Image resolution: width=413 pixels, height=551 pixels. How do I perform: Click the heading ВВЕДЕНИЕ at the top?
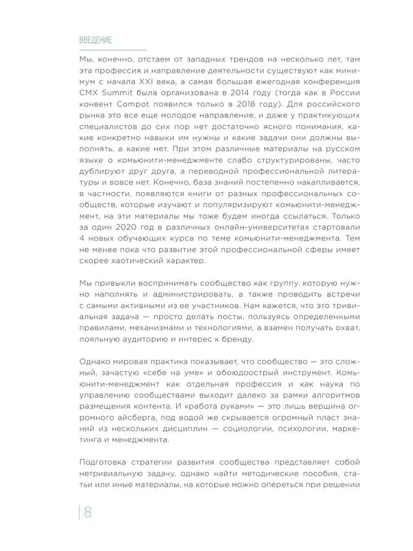tap(96, 40)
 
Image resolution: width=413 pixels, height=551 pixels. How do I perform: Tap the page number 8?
tap(88, 512)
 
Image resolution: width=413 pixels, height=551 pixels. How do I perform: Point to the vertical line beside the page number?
tap(79, 512)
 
